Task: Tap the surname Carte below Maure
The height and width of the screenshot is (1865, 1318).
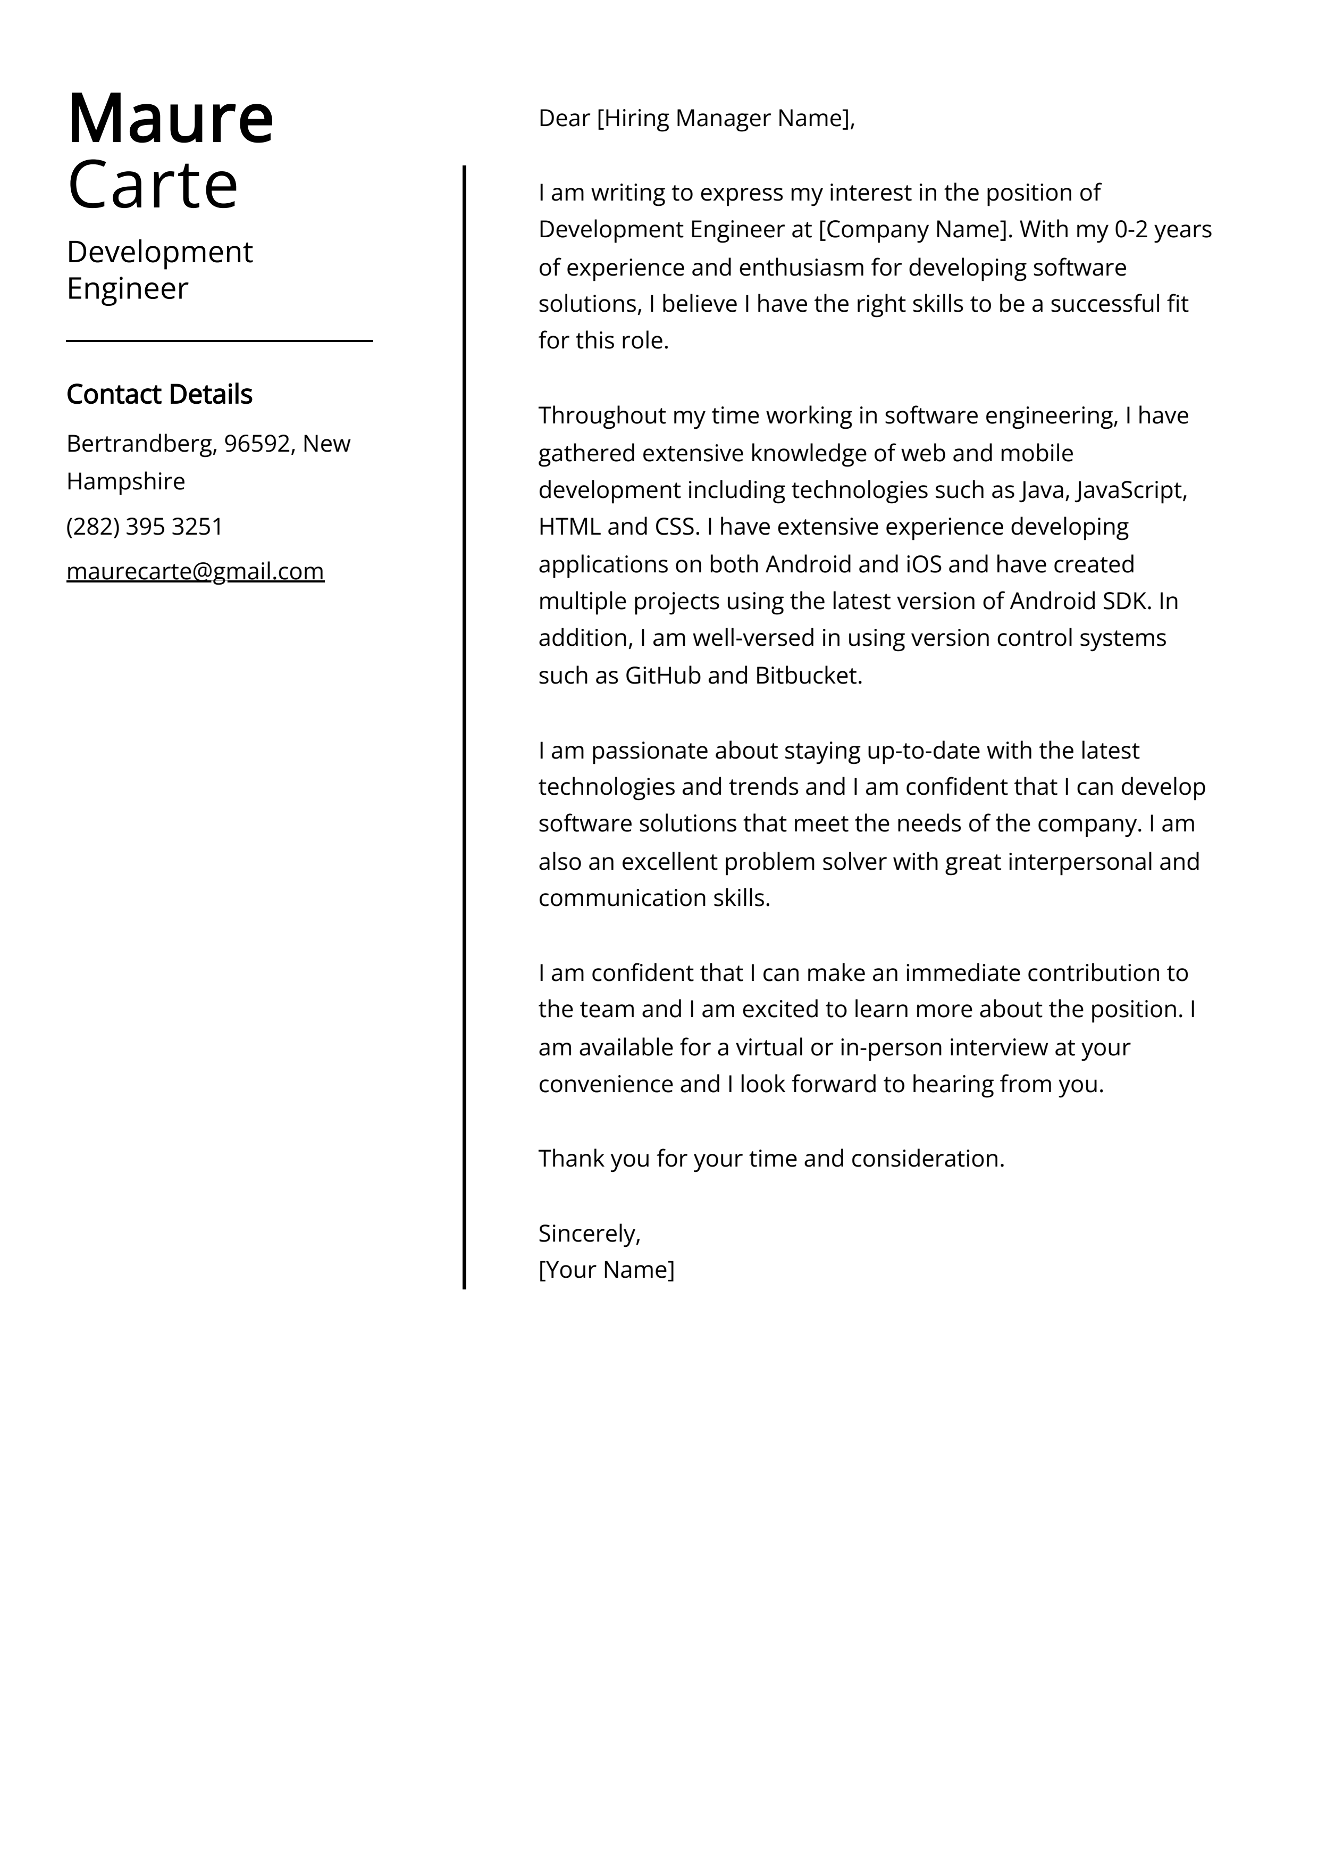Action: (152, 185)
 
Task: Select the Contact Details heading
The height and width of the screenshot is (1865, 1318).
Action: (159, 394)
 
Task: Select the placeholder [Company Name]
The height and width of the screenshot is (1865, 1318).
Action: (915, 230)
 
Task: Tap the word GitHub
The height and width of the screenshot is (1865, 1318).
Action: (662, 676)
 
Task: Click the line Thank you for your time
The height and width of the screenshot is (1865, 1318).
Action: (771, 1159)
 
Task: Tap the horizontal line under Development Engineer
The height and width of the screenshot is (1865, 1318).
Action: (219, 341)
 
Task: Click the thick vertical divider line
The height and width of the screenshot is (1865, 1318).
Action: (465, 731)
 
